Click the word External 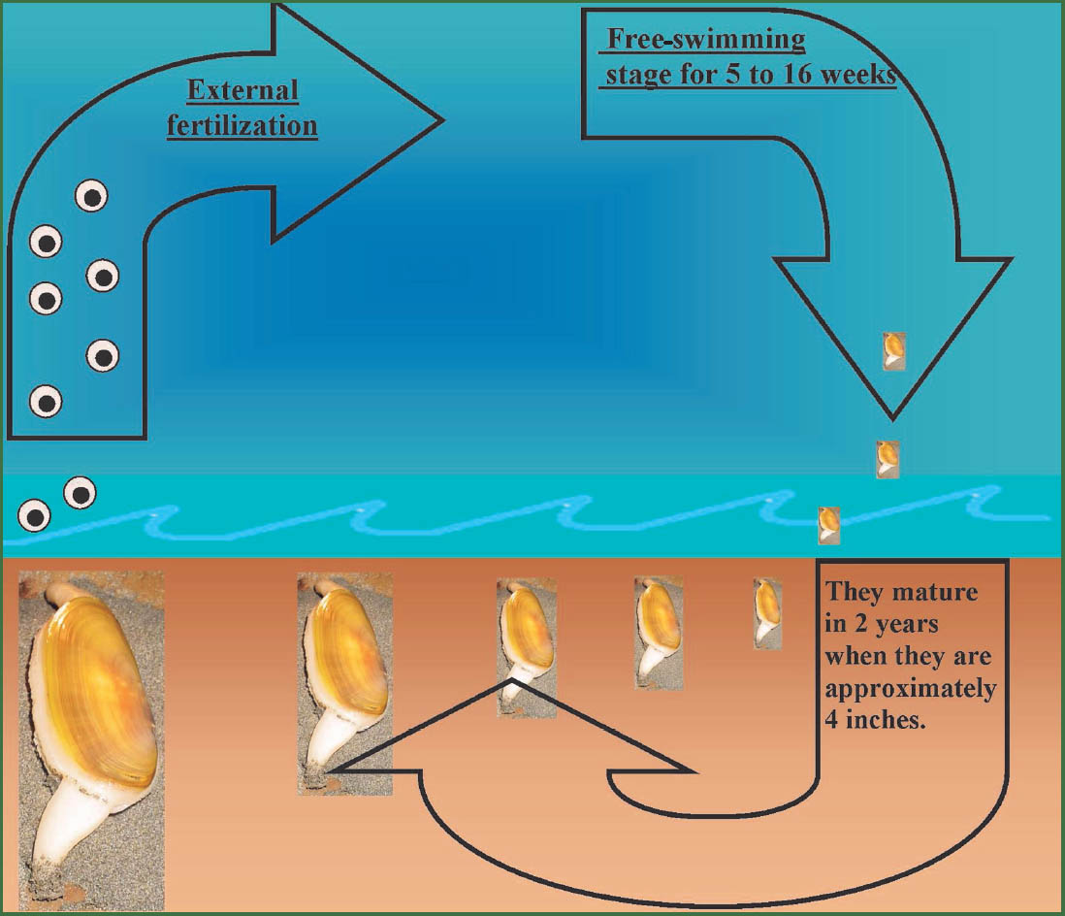point(242,90)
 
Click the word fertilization point(242,126)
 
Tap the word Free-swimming point(706,41)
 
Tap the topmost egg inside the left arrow point(91,196)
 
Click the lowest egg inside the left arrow point(47,402)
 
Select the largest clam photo point(91,740)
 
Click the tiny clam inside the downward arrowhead point(894,351)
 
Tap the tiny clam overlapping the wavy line point(828,525)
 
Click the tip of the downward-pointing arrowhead point(893,419)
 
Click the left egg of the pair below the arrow point(34,516)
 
